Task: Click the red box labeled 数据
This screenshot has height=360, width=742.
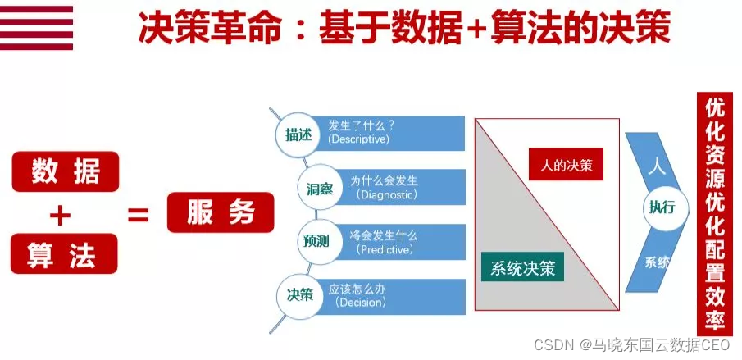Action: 65,172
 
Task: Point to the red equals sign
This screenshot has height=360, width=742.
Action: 138,215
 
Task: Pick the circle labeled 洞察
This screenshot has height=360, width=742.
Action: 314,189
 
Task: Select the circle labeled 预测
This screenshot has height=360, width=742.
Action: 316,241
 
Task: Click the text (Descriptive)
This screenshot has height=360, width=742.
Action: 359,139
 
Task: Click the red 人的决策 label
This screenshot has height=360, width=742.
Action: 566,166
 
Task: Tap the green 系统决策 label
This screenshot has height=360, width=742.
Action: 522,267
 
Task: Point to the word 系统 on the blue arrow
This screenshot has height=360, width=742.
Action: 658,262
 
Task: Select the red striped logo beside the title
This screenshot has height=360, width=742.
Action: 36,27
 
